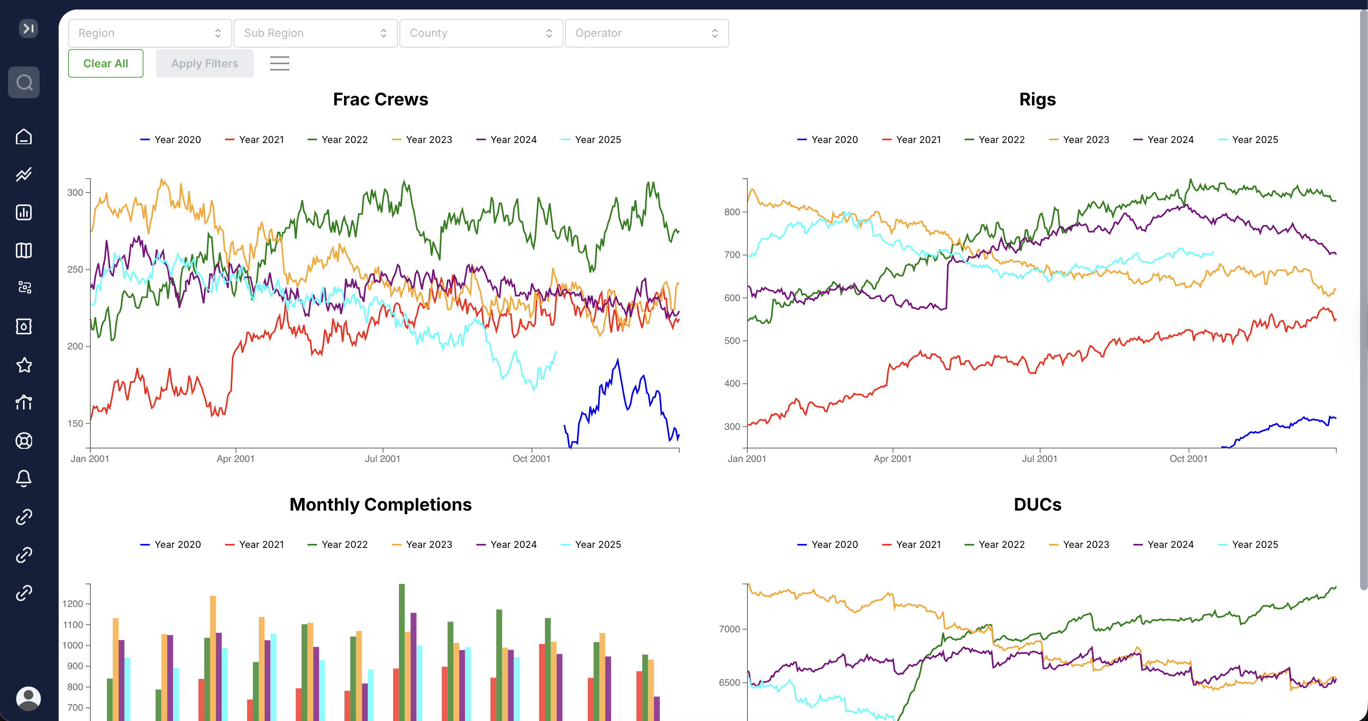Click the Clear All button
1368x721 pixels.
[x=106, y=64]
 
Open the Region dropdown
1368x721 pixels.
[x=150, y=33]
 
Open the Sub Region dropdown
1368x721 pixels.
[x=315, y=33]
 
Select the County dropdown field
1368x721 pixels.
[x=481, y=33]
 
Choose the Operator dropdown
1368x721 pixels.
[x=646, y=33]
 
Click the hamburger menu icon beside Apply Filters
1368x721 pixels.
[x=279, y=64]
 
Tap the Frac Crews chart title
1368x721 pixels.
[x=380, y=99]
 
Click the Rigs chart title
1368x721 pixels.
[x=1037, y=99]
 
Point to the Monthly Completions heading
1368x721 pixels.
[x=380, y=504]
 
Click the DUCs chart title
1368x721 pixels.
[x=1037, y=504]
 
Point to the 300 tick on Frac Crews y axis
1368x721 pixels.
[x=75, y=193]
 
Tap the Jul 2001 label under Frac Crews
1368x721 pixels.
[x=382, y=459]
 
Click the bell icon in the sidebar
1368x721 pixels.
[x=24, y=479]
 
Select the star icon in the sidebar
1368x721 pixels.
[x=24, y=365]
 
